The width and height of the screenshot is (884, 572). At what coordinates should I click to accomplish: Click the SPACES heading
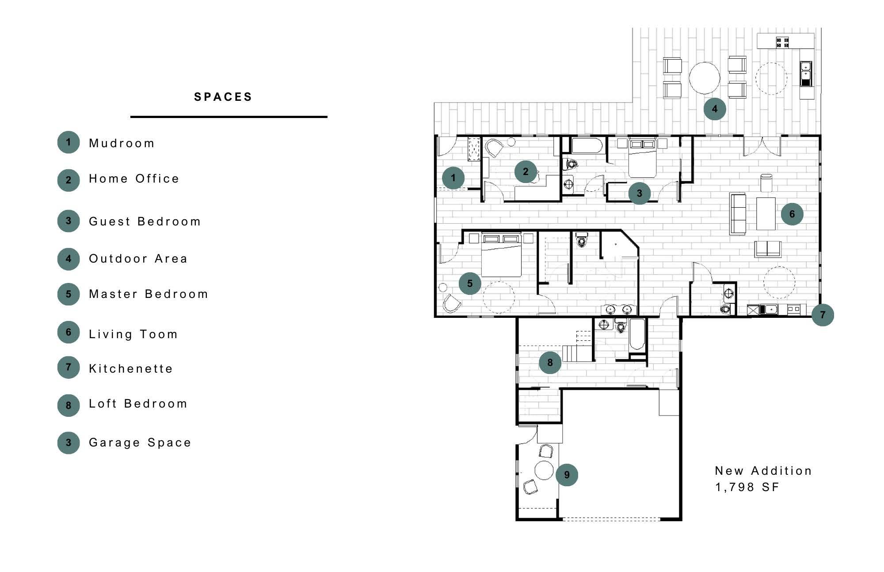(223, 97)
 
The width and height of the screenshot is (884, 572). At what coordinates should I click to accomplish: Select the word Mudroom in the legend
(122, 143)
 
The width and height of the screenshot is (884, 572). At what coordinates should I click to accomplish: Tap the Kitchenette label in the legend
(131, 369)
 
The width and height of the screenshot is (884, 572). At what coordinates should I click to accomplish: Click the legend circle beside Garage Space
(69, 442)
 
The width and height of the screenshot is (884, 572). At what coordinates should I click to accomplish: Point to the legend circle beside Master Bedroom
(69, 294)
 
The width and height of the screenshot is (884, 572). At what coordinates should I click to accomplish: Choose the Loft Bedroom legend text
(138, 404)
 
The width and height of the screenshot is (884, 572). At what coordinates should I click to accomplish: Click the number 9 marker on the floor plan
(567, 475)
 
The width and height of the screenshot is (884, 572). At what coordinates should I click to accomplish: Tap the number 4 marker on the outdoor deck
(715, 109)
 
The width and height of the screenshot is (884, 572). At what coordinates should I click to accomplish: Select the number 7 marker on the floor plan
(823, 315)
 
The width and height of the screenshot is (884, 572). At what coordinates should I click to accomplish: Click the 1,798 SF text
(747, 487)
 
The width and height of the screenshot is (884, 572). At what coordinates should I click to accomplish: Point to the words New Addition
(763, 471)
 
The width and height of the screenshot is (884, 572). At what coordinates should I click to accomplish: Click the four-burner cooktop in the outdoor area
(783, 42)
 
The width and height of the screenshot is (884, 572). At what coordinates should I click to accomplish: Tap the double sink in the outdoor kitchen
(806, 73)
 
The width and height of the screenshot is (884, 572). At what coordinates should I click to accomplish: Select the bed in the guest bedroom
(643, 159)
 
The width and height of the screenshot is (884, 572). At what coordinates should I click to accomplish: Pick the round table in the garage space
(544, 470)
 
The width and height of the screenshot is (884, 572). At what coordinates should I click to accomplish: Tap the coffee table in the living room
(766, 214)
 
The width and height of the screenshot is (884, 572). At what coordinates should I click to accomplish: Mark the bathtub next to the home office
(586, 145)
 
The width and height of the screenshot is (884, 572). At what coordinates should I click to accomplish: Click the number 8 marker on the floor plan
(550, 362)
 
